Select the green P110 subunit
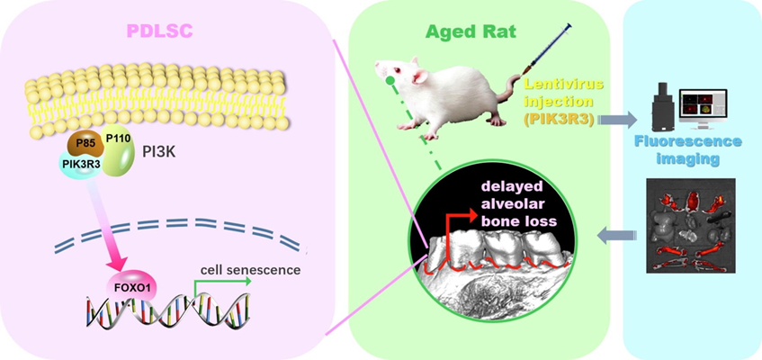point(123,149)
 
